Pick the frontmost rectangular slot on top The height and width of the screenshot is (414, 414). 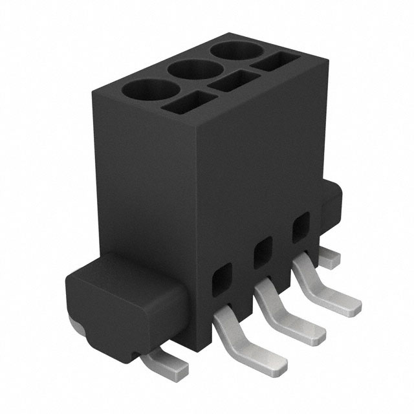click(188, 102)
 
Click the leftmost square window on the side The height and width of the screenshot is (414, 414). click(221, 277)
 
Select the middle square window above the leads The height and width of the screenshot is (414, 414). click(262, 253)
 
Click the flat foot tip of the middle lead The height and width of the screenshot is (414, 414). click(310, 331)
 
